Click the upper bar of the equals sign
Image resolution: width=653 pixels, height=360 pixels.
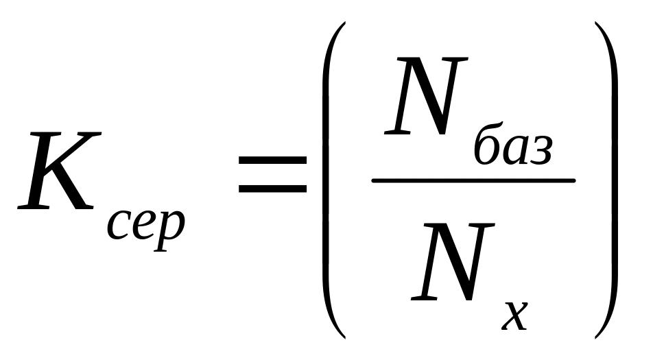(272, 160)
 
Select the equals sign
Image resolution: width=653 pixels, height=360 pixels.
(272, 173)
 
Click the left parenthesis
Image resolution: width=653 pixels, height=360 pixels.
(327, 180)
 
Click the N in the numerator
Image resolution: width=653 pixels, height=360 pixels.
(421, 99)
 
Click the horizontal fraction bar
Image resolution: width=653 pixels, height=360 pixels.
(473, 181)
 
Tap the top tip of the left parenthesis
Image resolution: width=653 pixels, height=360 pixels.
(342, 24)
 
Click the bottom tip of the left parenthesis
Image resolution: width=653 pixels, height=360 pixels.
(342, 337)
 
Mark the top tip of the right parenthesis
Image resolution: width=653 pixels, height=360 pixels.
(596, 24)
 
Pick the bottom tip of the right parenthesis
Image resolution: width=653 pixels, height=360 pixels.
(596, 337)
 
